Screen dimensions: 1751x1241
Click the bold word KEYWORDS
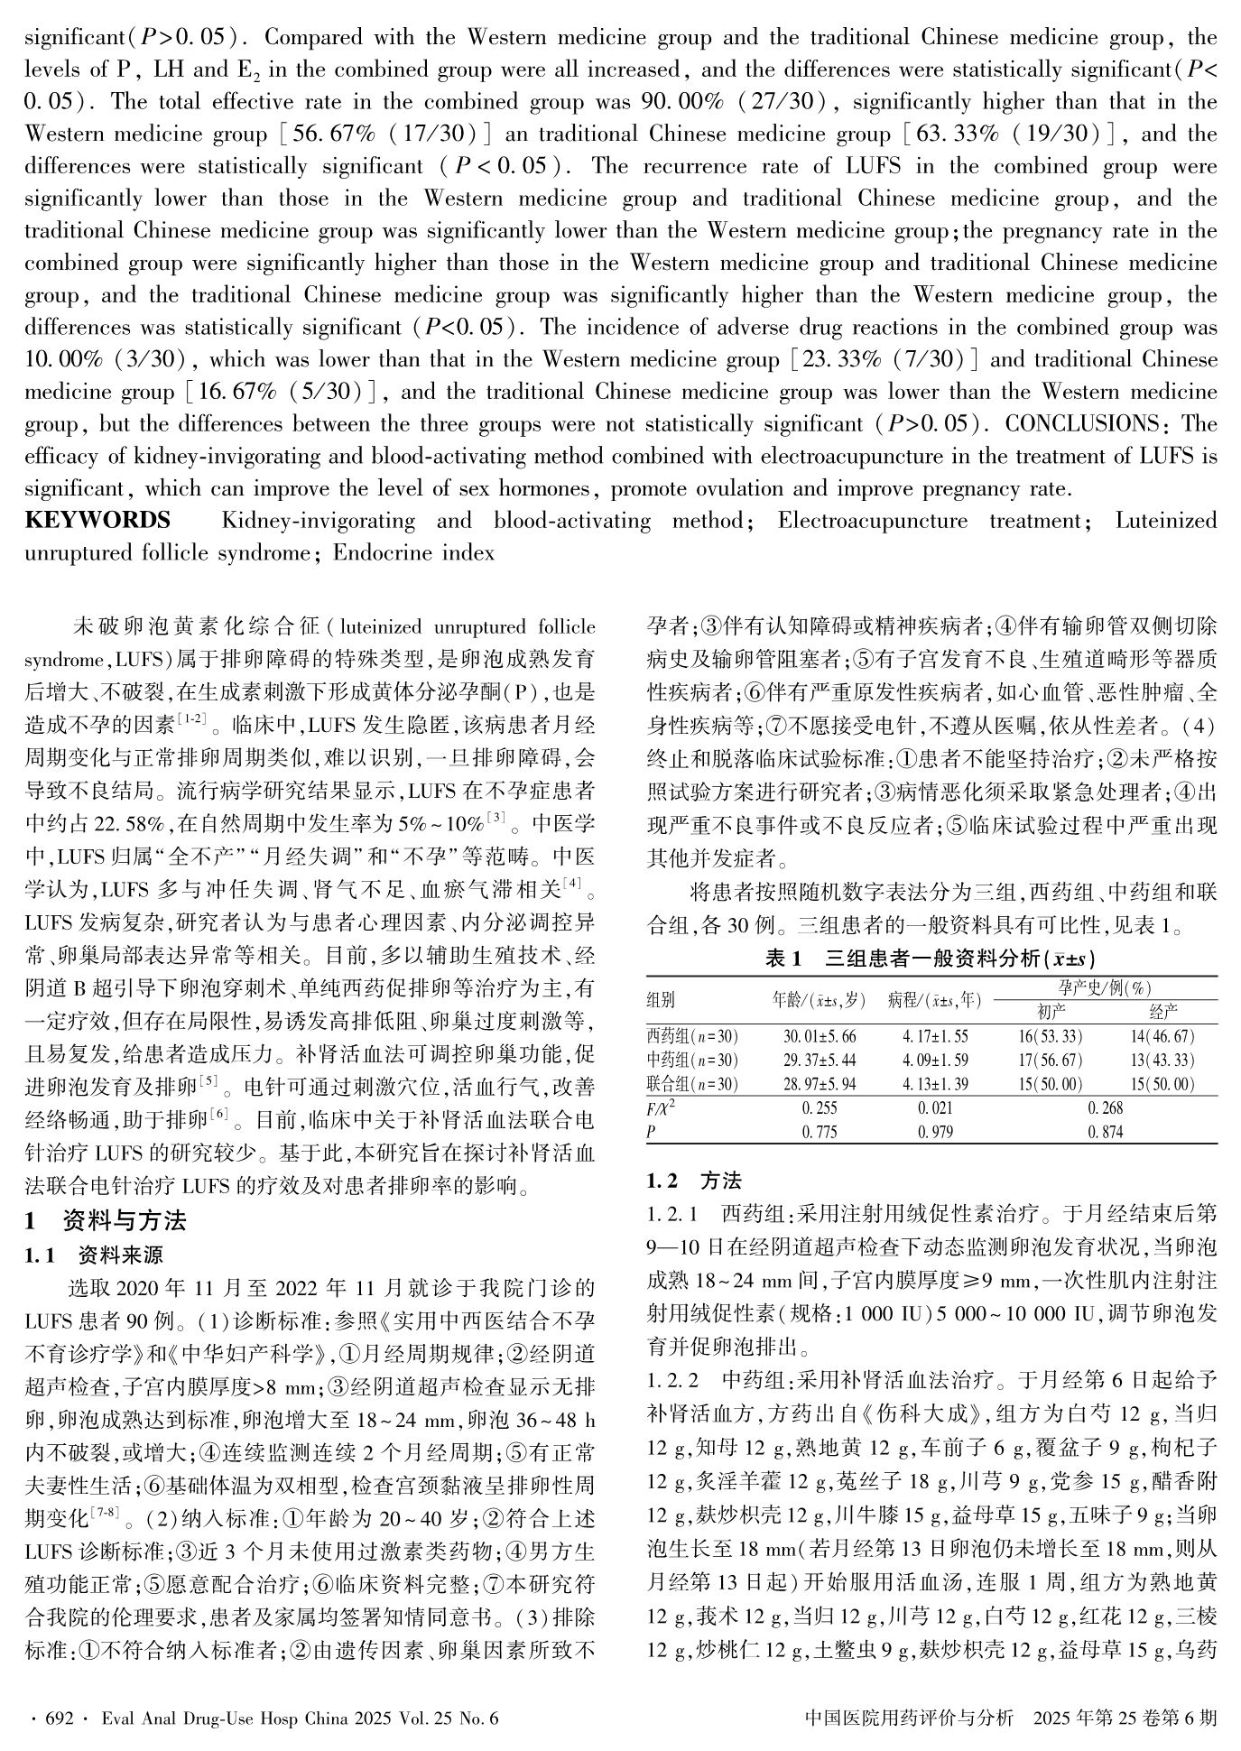97,521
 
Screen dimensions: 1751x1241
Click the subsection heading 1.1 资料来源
94,1255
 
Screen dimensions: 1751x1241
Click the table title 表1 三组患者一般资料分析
931,959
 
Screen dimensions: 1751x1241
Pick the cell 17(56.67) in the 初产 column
1050,1060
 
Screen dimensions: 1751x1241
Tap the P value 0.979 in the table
934,1132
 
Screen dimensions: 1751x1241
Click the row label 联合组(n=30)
692,1084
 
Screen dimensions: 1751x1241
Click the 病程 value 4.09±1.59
935,1060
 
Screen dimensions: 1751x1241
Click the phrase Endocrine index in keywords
413,553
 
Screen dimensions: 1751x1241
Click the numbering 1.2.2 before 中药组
673,1380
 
